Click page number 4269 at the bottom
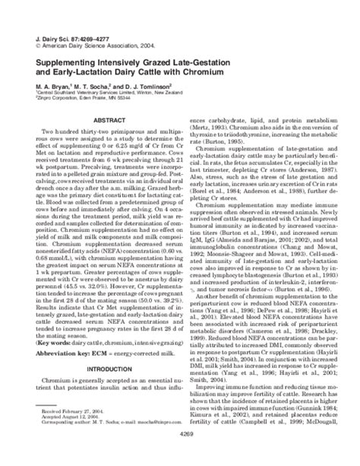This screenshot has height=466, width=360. tap(180, 455)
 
